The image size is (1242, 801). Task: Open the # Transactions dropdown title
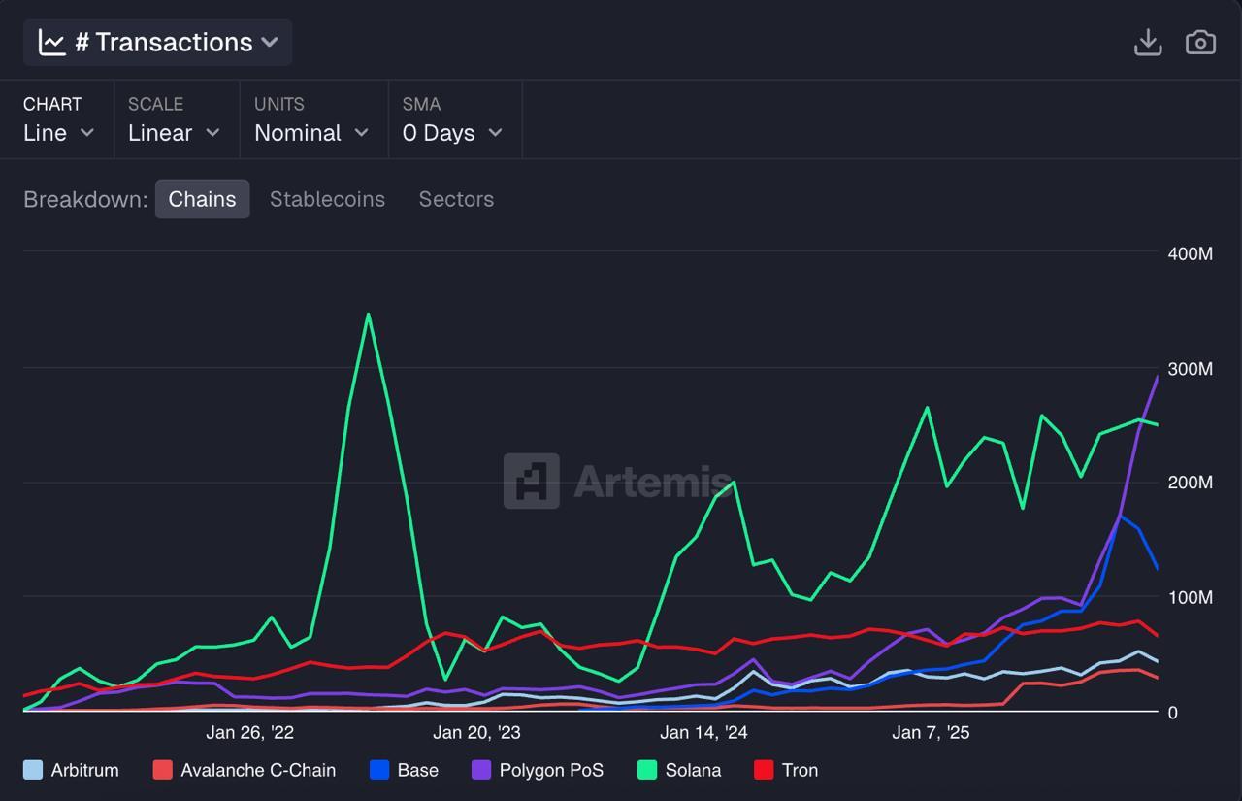tap(158, 43)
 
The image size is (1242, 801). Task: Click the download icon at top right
tap(1148, 43)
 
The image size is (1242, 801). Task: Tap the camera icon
tap(1200, 43)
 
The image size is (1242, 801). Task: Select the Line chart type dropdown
tap(58, 133)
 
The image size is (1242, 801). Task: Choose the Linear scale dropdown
tap(174, 133)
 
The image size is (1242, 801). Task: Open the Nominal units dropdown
tap(310, 133)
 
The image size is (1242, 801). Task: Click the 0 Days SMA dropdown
tap(452, 133)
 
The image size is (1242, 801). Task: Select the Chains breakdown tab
tap(202, 199)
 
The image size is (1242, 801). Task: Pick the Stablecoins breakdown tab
tap(327, 199)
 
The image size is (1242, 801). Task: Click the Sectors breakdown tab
tap(456, 199)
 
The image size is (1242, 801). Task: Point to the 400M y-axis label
tap(1191, 253)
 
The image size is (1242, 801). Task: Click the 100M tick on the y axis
tap(1191, 597)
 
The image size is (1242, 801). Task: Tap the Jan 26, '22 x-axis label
tap(249, 732)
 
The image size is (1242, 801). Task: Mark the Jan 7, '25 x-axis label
tap(931, 732)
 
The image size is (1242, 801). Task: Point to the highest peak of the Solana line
tap(368, 315)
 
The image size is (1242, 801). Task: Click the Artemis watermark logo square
tap(531, 481)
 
